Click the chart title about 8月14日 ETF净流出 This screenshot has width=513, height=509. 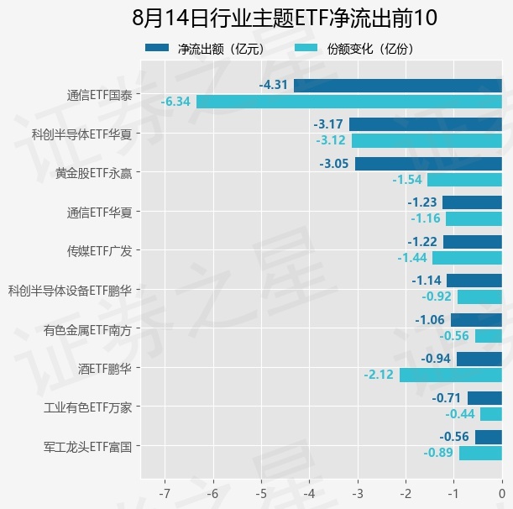[285, 18]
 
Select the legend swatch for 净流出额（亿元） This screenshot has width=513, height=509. [157, 48]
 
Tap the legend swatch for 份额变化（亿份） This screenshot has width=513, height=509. [306, 48]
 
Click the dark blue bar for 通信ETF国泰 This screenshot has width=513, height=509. [398, 86]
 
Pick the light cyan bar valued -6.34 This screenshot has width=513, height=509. [349, 102]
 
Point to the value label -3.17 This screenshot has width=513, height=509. [328, 124]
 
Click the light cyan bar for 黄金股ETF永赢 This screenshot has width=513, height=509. [464, 180]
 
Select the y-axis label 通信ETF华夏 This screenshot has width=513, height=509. [99, 213]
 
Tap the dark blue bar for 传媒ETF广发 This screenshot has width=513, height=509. [473, 242]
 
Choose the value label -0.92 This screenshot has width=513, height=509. [437, 296]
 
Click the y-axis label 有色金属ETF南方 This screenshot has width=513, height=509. [87, 330]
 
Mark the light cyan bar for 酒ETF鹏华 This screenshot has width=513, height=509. [451, 375]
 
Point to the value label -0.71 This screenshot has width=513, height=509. [447, 398]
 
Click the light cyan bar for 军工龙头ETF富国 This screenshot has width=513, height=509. [480, 454]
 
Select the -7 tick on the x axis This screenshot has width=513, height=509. [165, 493]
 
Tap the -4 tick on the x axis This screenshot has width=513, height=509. [310, 493]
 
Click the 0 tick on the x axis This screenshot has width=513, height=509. [502, 493]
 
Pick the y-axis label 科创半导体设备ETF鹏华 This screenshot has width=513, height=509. [70, 291]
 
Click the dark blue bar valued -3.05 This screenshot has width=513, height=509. [428, 164]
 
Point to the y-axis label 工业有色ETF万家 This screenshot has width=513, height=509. [87, 407]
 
